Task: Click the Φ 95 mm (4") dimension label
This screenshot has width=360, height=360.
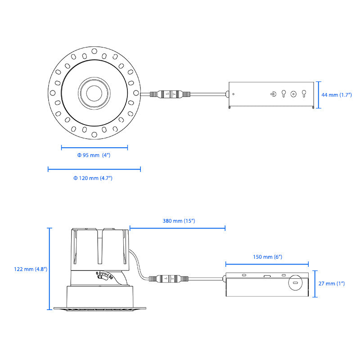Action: tap(94, 155)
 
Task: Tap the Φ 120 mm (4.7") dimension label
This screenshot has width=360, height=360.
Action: tap(93, 178)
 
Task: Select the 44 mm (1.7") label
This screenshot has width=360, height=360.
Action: tap(338, 95)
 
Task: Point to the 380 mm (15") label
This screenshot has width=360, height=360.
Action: tap(179, 221)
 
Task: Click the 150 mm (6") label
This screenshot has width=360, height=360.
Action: tap(266, 257)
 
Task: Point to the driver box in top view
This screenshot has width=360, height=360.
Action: tap(270, 94)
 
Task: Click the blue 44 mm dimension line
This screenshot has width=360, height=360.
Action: tap(319, 95)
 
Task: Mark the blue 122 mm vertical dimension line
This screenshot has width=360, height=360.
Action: tap(49, 269)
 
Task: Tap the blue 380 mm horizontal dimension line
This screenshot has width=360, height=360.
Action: tap(177, 228)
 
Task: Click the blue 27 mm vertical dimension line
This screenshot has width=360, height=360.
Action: tap(315, 284)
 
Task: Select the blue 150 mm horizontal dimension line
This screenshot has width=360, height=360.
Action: tap(267, 265)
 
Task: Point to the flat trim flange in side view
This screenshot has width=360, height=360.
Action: tap(100, 308)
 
